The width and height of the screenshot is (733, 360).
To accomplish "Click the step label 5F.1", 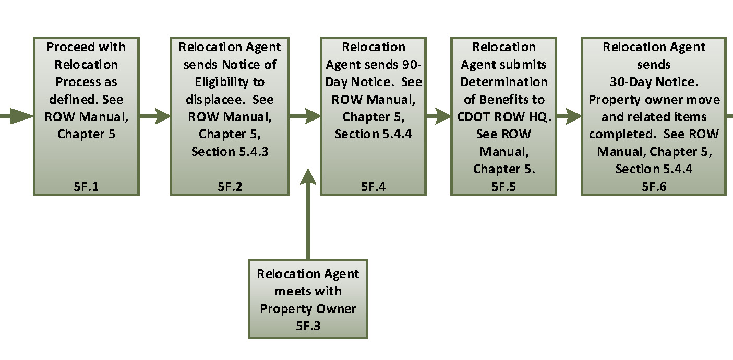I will tap(86, 186).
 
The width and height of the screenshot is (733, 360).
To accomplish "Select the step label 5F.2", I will tap(230, 186).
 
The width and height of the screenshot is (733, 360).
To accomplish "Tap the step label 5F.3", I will tap(308, 326).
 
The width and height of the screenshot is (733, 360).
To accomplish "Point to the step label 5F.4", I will tap(373, 186).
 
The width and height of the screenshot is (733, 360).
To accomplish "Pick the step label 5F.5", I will tap(503, 186).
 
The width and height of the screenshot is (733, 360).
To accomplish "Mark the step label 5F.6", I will tap(654, 186).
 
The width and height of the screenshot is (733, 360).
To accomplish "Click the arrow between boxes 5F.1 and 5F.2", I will tap(155, 116).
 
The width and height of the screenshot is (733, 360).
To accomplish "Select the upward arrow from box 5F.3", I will tap(308, 214).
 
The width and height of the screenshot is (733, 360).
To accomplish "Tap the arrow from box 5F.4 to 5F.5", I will tap(438, 116).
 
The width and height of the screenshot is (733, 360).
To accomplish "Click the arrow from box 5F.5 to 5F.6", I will tap(569, 116).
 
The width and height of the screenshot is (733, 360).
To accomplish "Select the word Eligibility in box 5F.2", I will tap(230, 82).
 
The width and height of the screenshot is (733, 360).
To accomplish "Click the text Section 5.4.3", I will tap(230, 152).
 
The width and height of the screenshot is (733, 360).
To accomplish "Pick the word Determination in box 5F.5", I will tap(503, 82).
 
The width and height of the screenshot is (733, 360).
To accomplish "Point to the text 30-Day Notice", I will tap(654, 82).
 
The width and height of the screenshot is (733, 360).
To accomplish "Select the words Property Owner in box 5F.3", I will tap(308, 308).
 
